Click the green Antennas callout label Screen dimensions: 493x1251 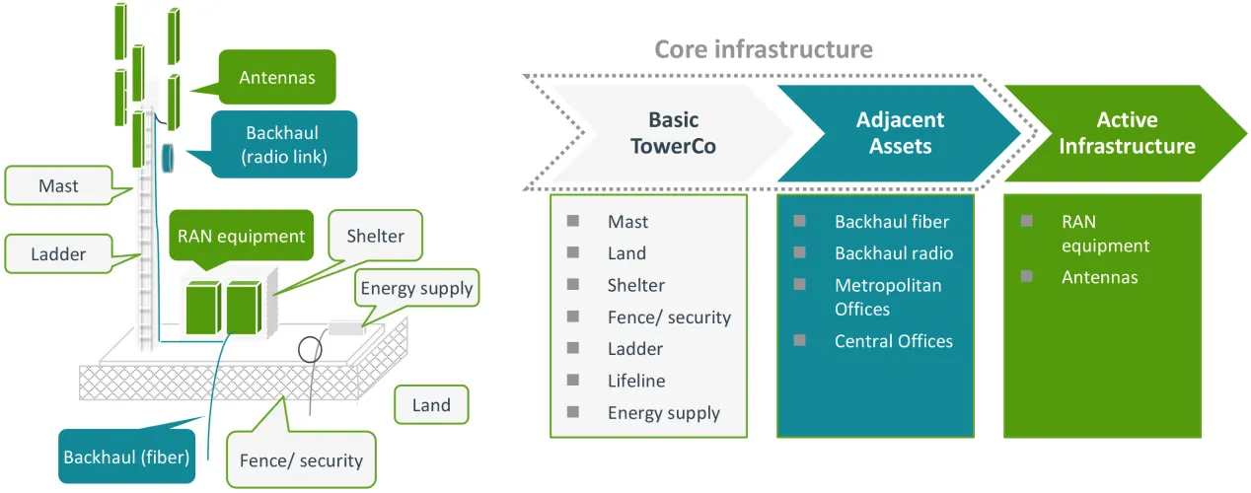pyautogui.click(x=277, y=77)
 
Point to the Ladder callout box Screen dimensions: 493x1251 pyautogui.click(x=59, y=253)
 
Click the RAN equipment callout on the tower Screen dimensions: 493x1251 pyautogui.click(x=241, y=236)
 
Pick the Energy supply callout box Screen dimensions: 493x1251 pyautogui.click(x=416, y=289)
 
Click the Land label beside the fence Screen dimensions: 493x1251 pyautogui.click(x=431, y=404)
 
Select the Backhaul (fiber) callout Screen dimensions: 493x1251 pyautogui.click(x=125, y=457)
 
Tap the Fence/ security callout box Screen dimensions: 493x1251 pyautogui.click(x=301, y=459)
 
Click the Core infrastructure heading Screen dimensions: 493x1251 pyautogui.click(x=764, y=48)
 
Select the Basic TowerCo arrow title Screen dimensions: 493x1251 pyautogui.click(x=674, y=133)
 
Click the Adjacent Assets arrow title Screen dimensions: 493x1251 pyautogui.click(x=900, y=133)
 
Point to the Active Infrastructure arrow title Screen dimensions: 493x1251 pyautogui.click(x=1126, y=133)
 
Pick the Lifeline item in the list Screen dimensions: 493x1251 pyautogui.click(x=636, y=381)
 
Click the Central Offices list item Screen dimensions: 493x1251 pyautogui.click(x=893, y=341)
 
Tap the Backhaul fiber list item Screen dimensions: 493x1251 pyautogui.click(x=891, y=222)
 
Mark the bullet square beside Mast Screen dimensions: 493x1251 pyautogui.click(x=573, y=221)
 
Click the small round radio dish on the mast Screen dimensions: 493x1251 pyautogui.click(x=169, y=157)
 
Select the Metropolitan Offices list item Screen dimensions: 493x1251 pyautogui.click(x=888, y=297)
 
